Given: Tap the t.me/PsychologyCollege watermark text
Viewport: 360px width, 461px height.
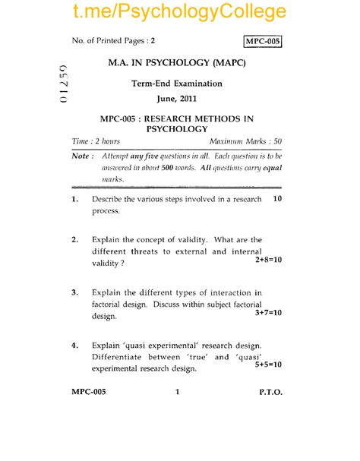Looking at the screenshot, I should click(x=180, y=11).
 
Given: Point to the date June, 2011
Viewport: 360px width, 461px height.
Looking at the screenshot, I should click(x=177, y=99).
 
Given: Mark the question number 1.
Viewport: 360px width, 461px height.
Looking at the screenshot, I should click(x=74, y=199).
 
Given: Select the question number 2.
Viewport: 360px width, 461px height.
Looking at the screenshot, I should click(x=74, y=240).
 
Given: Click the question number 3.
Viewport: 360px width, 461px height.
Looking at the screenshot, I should click(x=74, y=292).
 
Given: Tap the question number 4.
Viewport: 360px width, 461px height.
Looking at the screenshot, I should click(x=74, y=345).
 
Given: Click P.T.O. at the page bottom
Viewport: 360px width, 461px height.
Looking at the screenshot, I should click(x=270, y=393).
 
